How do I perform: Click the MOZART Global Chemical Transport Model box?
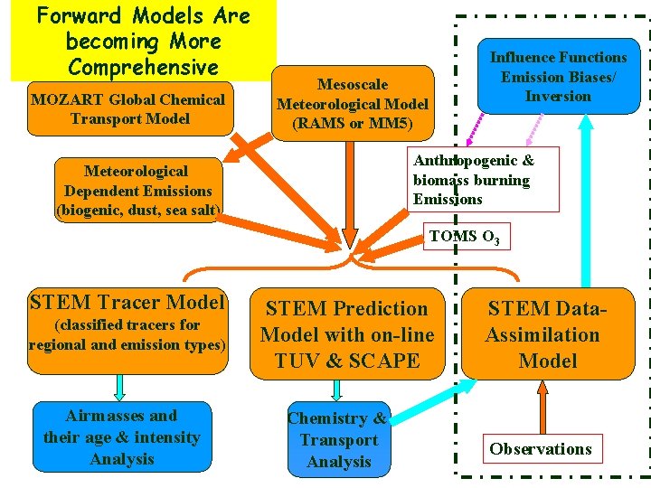tap(127, 109)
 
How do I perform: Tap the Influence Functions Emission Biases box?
tap(558, 78)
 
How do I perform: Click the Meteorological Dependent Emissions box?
tap(137, 190)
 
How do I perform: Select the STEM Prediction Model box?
tap(347, 334)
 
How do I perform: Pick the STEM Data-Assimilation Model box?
tap(543, 334)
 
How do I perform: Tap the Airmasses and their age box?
tap(122, 437)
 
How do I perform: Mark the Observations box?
tap(541, 449)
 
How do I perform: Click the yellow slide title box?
tap(143, 41)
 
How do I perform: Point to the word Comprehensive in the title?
tap(143, 68)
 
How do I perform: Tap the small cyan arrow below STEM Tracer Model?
tap(120, 387)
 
